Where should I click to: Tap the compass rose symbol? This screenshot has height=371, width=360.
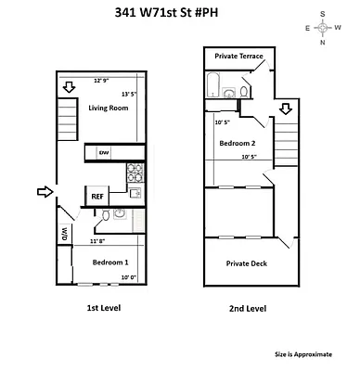pos(323,28)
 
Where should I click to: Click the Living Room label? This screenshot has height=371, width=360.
pos(108,109)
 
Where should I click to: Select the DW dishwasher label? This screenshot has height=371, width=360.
pos(104,153)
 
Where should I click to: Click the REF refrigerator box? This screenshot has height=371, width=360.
pos(96,196)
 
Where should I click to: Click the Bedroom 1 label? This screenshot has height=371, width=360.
pos(109,262)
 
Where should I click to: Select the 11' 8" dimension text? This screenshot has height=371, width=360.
pos(101,241)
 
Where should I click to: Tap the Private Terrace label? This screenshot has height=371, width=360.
pos(238,57)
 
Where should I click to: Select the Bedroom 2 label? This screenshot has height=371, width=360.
pos(237,143)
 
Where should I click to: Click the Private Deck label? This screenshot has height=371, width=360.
pos(247,263)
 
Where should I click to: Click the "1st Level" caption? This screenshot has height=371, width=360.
pos(97,307)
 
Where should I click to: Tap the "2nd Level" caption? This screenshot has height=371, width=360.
pos(248,308)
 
